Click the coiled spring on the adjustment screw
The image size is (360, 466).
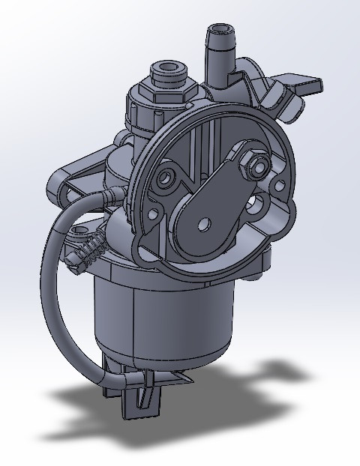tap(90, 243)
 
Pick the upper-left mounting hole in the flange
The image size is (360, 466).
tap(165, 180)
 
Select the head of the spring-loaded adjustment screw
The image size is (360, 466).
tap(73, 258)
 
